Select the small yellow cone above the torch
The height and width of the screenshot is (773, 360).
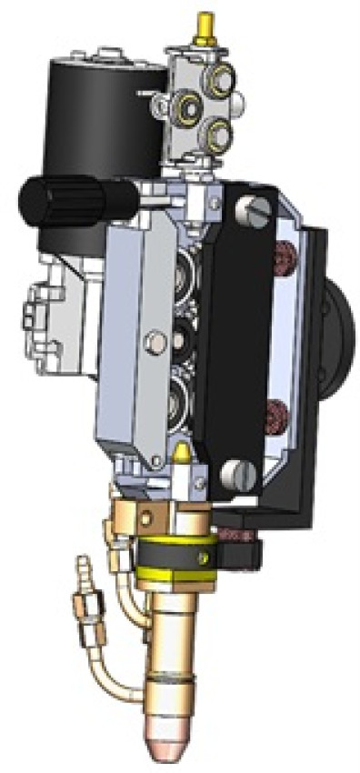click(x=182, y=452)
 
